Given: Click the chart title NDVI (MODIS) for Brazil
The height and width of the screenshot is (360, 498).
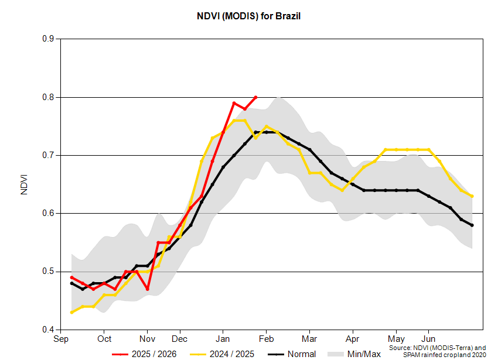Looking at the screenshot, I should [x=248, y=16].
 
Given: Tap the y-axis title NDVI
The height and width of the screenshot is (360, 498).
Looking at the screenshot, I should [x=24, y=184].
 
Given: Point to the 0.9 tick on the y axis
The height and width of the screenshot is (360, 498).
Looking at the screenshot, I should [x=49, y=39].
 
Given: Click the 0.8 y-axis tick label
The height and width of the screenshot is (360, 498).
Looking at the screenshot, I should [x=49, y=97].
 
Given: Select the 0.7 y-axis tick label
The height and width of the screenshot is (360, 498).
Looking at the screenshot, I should [x=49, y=155].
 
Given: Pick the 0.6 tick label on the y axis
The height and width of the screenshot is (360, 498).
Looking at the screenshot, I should [x=49, y=214].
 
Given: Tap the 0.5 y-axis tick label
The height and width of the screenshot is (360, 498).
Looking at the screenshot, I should [x=49, y=272].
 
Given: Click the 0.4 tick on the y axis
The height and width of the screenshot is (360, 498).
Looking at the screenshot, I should [x=49, y=330].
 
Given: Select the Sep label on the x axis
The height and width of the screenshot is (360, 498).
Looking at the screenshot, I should [x=60, y=339].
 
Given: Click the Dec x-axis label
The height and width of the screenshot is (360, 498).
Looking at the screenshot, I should [x=179, y=339].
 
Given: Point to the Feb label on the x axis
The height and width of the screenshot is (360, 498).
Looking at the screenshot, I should [x=266, y=339].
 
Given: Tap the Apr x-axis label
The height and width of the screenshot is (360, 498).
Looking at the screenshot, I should [x=353, y=339].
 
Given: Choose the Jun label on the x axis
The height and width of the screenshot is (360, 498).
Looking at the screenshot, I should [x=428, y=339].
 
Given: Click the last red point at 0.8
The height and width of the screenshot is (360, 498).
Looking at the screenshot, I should [x=255, y=97].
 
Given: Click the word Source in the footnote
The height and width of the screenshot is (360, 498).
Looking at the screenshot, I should [x=401, y=347].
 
